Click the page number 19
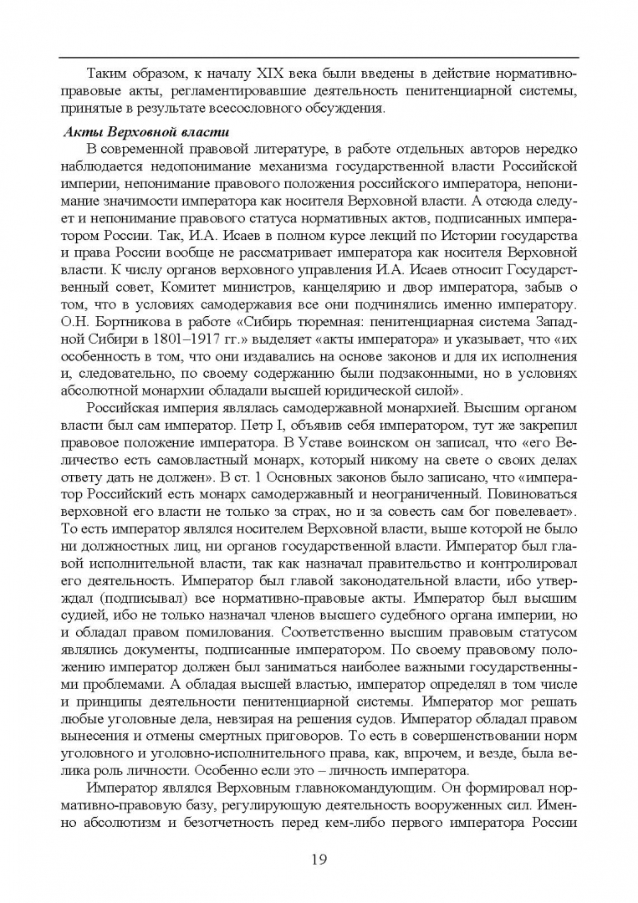pyautogui.click(x=319, y=859)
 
